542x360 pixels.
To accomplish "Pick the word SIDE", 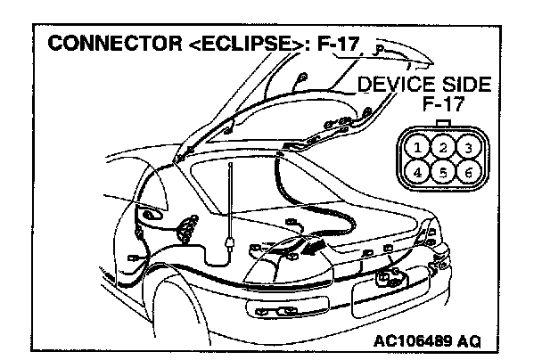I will coord(463,86).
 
